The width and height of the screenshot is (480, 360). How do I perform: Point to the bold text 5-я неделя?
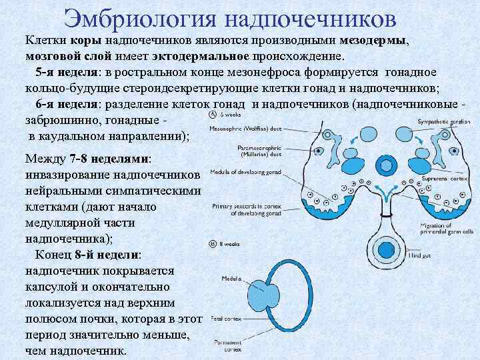click(x=67, y=73)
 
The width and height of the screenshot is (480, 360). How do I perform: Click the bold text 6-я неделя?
click(x=67, y=105)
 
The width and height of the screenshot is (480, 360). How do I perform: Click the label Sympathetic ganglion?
click(x=441, y=122)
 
